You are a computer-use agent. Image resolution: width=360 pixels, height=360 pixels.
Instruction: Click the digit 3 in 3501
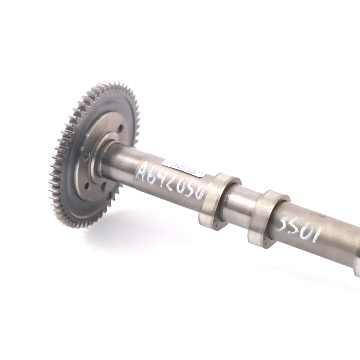283,223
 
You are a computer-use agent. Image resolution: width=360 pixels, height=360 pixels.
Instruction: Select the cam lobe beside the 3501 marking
265,218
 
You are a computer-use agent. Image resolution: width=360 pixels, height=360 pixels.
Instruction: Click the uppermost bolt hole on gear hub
120,128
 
